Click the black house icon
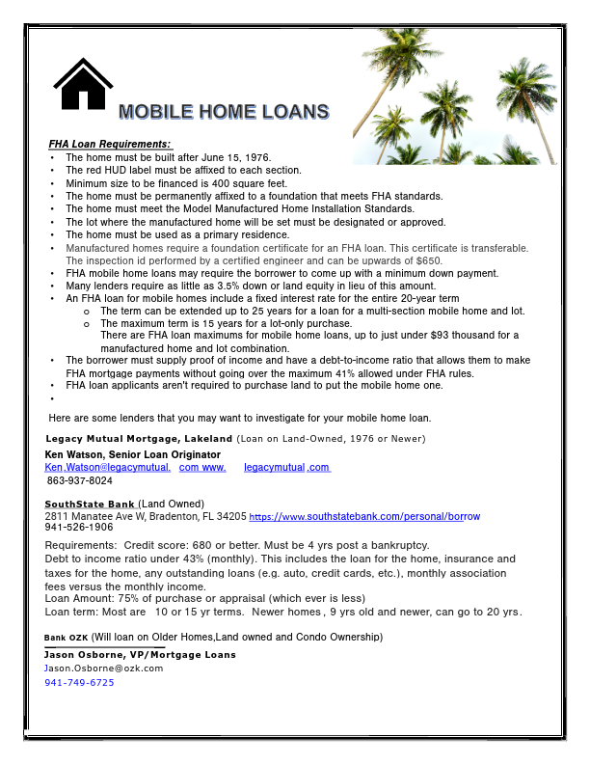click(x=84, y=84)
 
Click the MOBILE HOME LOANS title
click(x=224, y=111)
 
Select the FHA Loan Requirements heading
click(x=109, y=144)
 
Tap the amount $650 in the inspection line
click(x=429, y=260)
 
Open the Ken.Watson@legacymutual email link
click(x=108, y=467)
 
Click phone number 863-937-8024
click(x=80, y=480)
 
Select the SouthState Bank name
click(x=90, y=504)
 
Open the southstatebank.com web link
click(x=364, y=516)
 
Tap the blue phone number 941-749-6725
click(x=79, y=682)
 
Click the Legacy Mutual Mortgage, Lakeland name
click(x=139, y=439)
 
